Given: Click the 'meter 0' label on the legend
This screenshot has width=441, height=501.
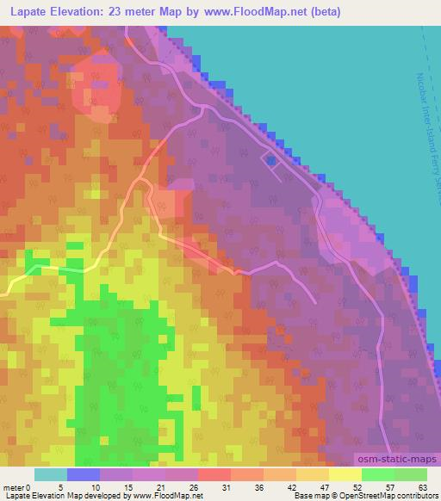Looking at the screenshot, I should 17,486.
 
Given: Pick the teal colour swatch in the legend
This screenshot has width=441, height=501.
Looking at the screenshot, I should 51,474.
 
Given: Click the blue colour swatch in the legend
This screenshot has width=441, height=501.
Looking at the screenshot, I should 84,474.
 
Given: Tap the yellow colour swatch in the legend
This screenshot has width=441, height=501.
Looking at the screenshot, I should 345,474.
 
